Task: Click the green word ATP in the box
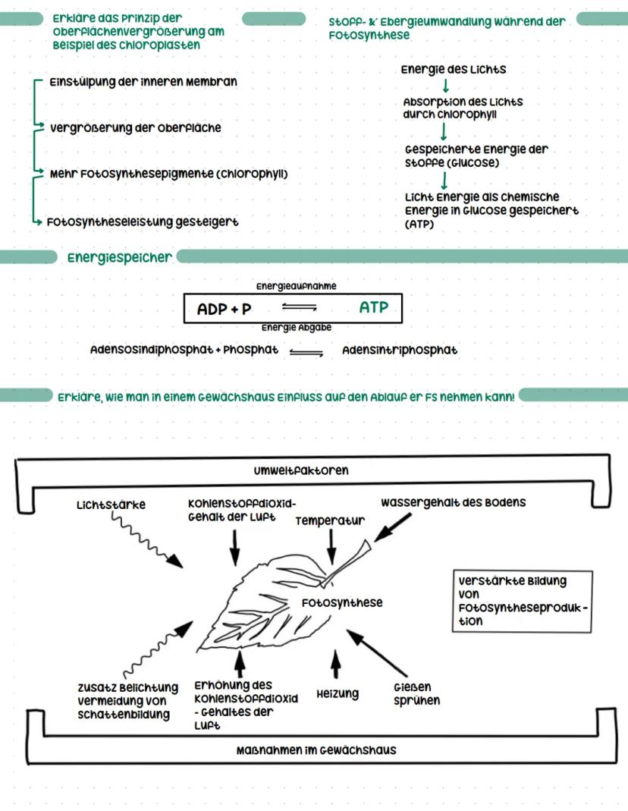373,308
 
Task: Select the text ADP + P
224,310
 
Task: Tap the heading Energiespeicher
120,258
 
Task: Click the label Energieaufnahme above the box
296,287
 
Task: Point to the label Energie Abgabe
296,328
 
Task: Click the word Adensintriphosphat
400,350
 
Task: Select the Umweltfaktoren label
301,470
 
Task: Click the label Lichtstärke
111,504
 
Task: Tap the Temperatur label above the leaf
330,520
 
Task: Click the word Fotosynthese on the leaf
342,602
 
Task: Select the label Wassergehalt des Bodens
453,502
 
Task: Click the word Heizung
338,693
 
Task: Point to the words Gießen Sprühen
416,694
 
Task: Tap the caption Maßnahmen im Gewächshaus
316,750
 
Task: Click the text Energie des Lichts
454,70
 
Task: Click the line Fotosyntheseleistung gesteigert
143,222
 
